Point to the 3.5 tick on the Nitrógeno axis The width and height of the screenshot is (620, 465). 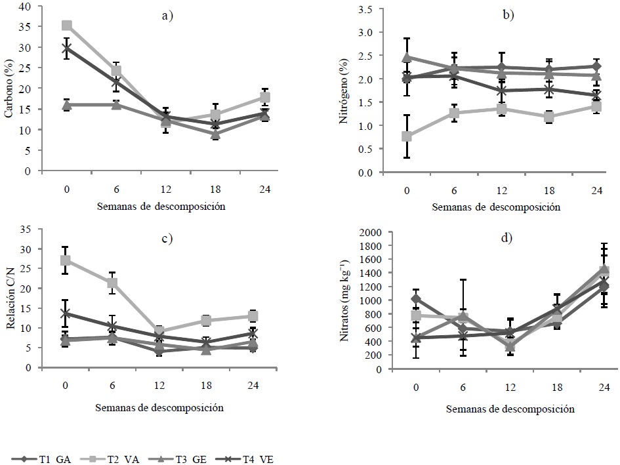coord(364,10)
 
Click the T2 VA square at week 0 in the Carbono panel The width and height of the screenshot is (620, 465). coord(66,26)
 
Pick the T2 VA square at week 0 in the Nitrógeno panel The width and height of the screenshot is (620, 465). coord(407,136)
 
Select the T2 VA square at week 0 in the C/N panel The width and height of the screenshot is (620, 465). coord(66,260)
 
